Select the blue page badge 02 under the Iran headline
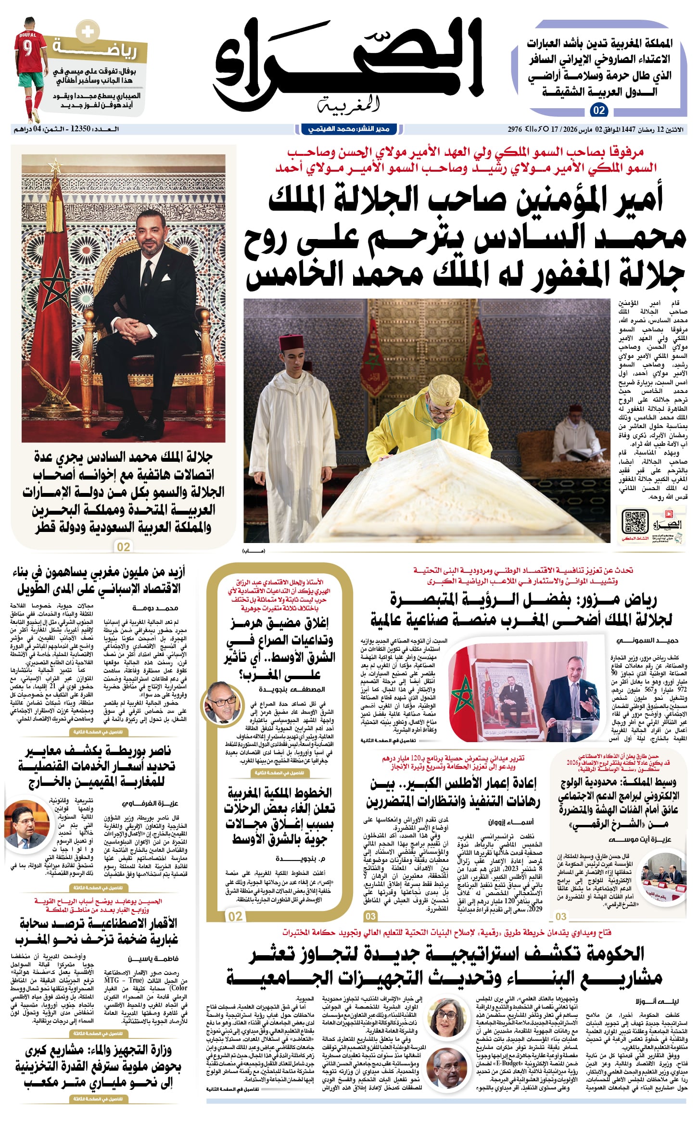tap(598, 110)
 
